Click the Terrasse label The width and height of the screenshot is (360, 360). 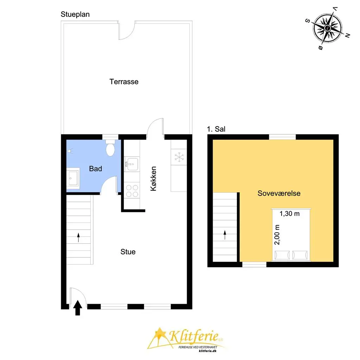tap(124, 82)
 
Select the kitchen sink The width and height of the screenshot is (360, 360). tap(132, 164)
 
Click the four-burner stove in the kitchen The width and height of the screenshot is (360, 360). tap(132, 191)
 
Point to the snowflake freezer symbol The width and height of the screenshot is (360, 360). tap(179, 157)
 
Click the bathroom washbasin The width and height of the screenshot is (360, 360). tap(73, 178)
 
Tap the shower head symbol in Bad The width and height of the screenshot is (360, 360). tap(70, 151)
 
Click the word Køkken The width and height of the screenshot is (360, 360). tap(153, 179)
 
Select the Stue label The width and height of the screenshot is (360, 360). tap(128, 252)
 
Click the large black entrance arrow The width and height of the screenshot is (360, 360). tap(78, 308)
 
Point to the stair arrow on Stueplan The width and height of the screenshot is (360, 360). tap(78, 237)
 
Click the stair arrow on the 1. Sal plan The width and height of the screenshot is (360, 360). tap(225, 235)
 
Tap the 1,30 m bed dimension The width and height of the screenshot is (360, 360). tap(290, 214)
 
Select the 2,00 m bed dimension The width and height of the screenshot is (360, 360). tap(277, 234)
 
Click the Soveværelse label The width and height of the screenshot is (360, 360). tap(279, 193)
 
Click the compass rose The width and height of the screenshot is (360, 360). tap(327, 28)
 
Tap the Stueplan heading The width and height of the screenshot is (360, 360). tap(75, 14)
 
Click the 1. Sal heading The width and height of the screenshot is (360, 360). tap(216, 129)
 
